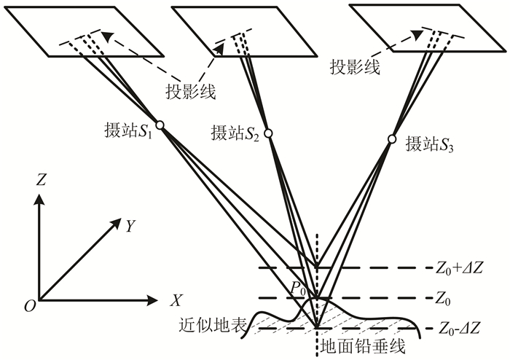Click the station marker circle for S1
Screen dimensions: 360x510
click(160, 125)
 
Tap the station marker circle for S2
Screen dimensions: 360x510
click(268, 133)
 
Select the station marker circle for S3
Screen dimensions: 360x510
click(391, 139)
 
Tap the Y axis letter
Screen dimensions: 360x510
click(130, 227)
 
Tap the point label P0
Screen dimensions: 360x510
click(297, 289)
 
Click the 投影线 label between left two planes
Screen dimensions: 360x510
click(192, 91)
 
